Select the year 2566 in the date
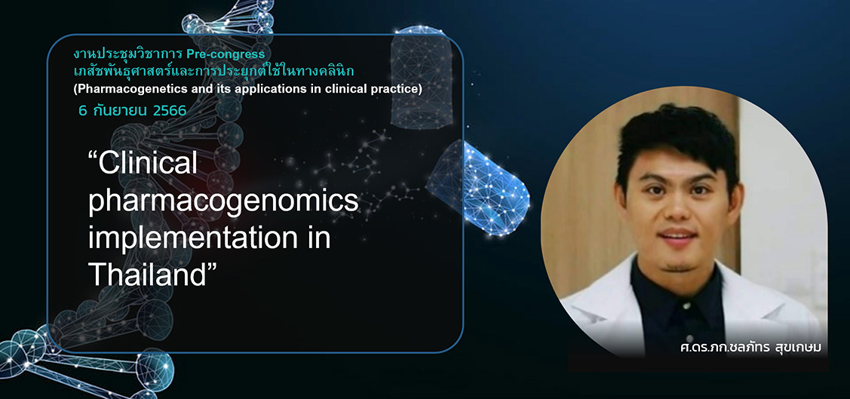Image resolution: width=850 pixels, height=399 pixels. [x=170, y=111]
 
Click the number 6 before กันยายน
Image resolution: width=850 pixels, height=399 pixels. [x=82, y=111]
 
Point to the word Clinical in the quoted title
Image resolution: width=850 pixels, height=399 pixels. [x=143, y=164]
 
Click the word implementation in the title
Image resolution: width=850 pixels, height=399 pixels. [x=209, y=238]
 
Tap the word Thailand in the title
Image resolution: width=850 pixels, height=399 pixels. [x=149, y=276]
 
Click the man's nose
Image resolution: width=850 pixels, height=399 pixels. [x=675, y=209]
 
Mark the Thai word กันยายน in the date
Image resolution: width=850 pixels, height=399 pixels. [x=120, y=111]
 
